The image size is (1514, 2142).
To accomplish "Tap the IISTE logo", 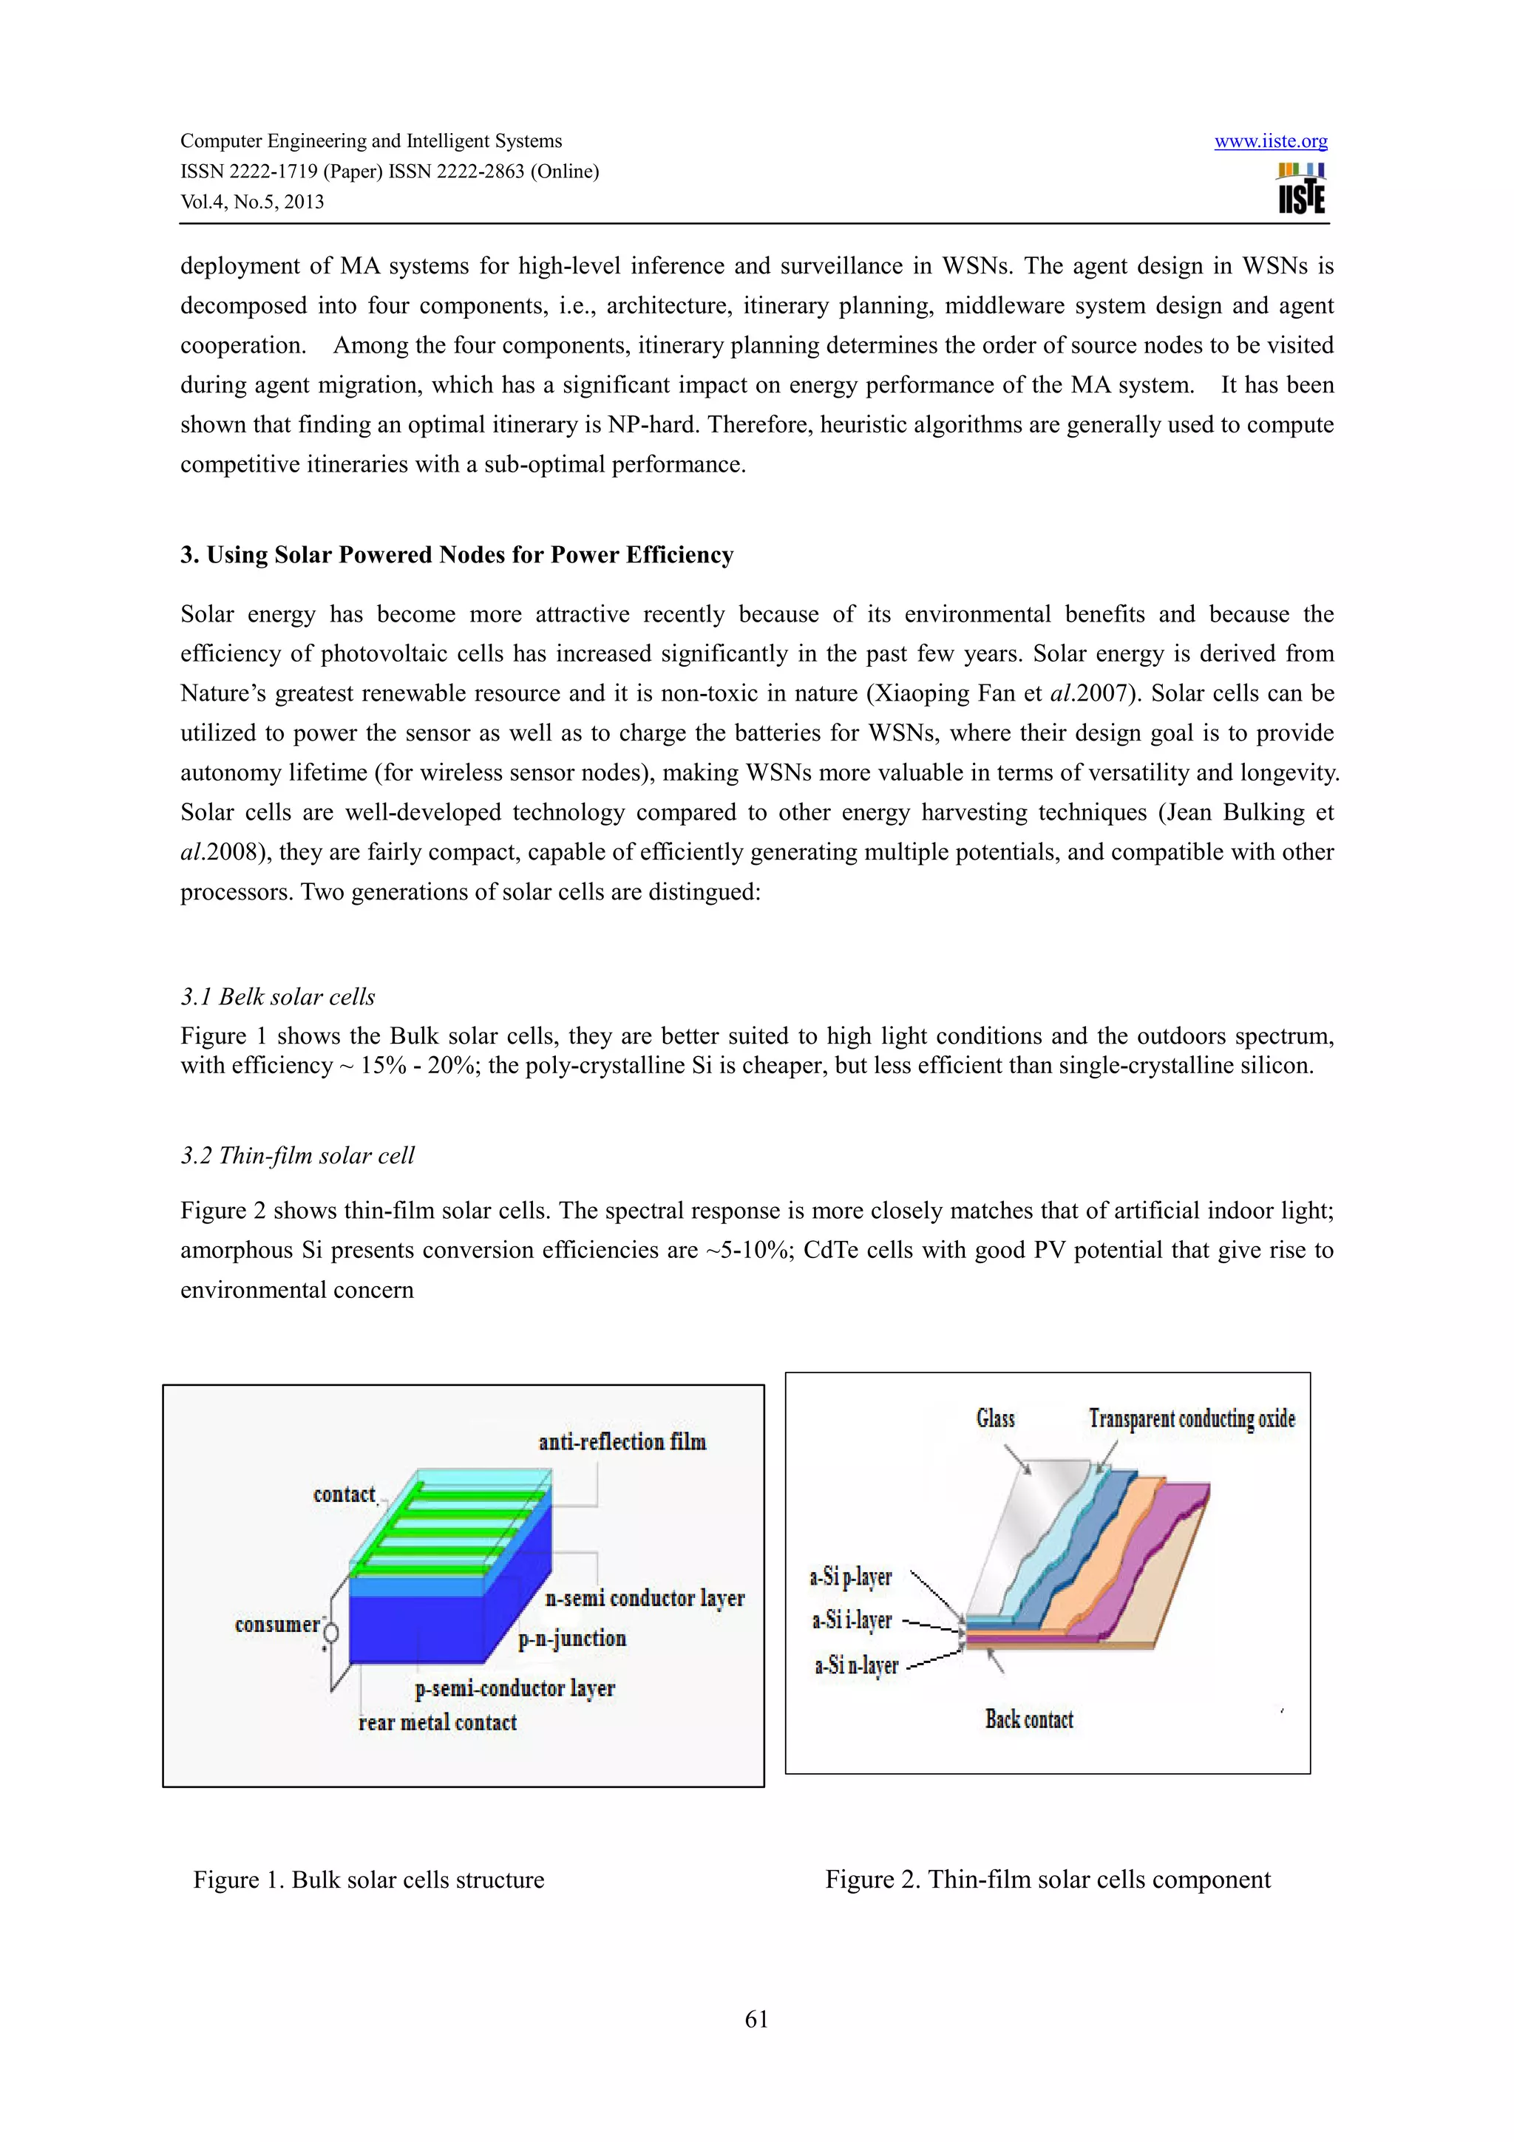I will point(1301,188).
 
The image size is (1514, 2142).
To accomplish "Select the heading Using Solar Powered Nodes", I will point(456,555).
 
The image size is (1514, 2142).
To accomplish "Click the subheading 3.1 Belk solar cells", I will point(278,996).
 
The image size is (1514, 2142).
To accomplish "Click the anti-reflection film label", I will point(622,1442).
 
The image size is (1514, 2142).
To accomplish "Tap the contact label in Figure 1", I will point(343,1495).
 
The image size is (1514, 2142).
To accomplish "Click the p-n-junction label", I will point(572,1638).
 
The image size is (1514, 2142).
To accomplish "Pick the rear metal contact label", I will point(438,1722).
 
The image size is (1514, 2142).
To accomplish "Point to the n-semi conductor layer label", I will point(645,1598).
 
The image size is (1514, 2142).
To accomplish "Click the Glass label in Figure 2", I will point(995,1419).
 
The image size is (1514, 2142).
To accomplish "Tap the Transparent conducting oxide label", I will point(1191,1419).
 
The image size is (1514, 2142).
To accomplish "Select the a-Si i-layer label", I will point(852,1620).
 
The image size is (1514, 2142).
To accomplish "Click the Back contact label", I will point(1029,1718).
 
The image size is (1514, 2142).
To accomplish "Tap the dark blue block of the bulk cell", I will point(415,1628).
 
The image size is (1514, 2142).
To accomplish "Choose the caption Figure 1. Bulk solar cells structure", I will point(368,1879).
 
